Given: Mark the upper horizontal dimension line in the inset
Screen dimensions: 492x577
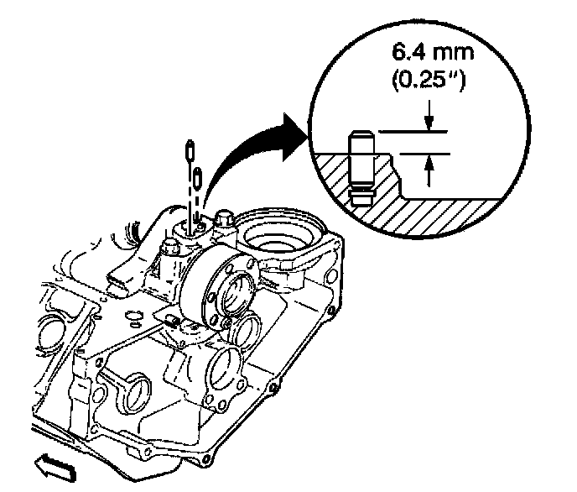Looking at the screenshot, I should point(411,132).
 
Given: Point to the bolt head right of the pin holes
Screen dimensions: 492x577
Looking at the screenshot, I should point(224,221).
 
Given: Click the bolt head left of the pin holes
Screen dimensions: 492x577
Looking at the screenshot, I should point(169,248).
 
